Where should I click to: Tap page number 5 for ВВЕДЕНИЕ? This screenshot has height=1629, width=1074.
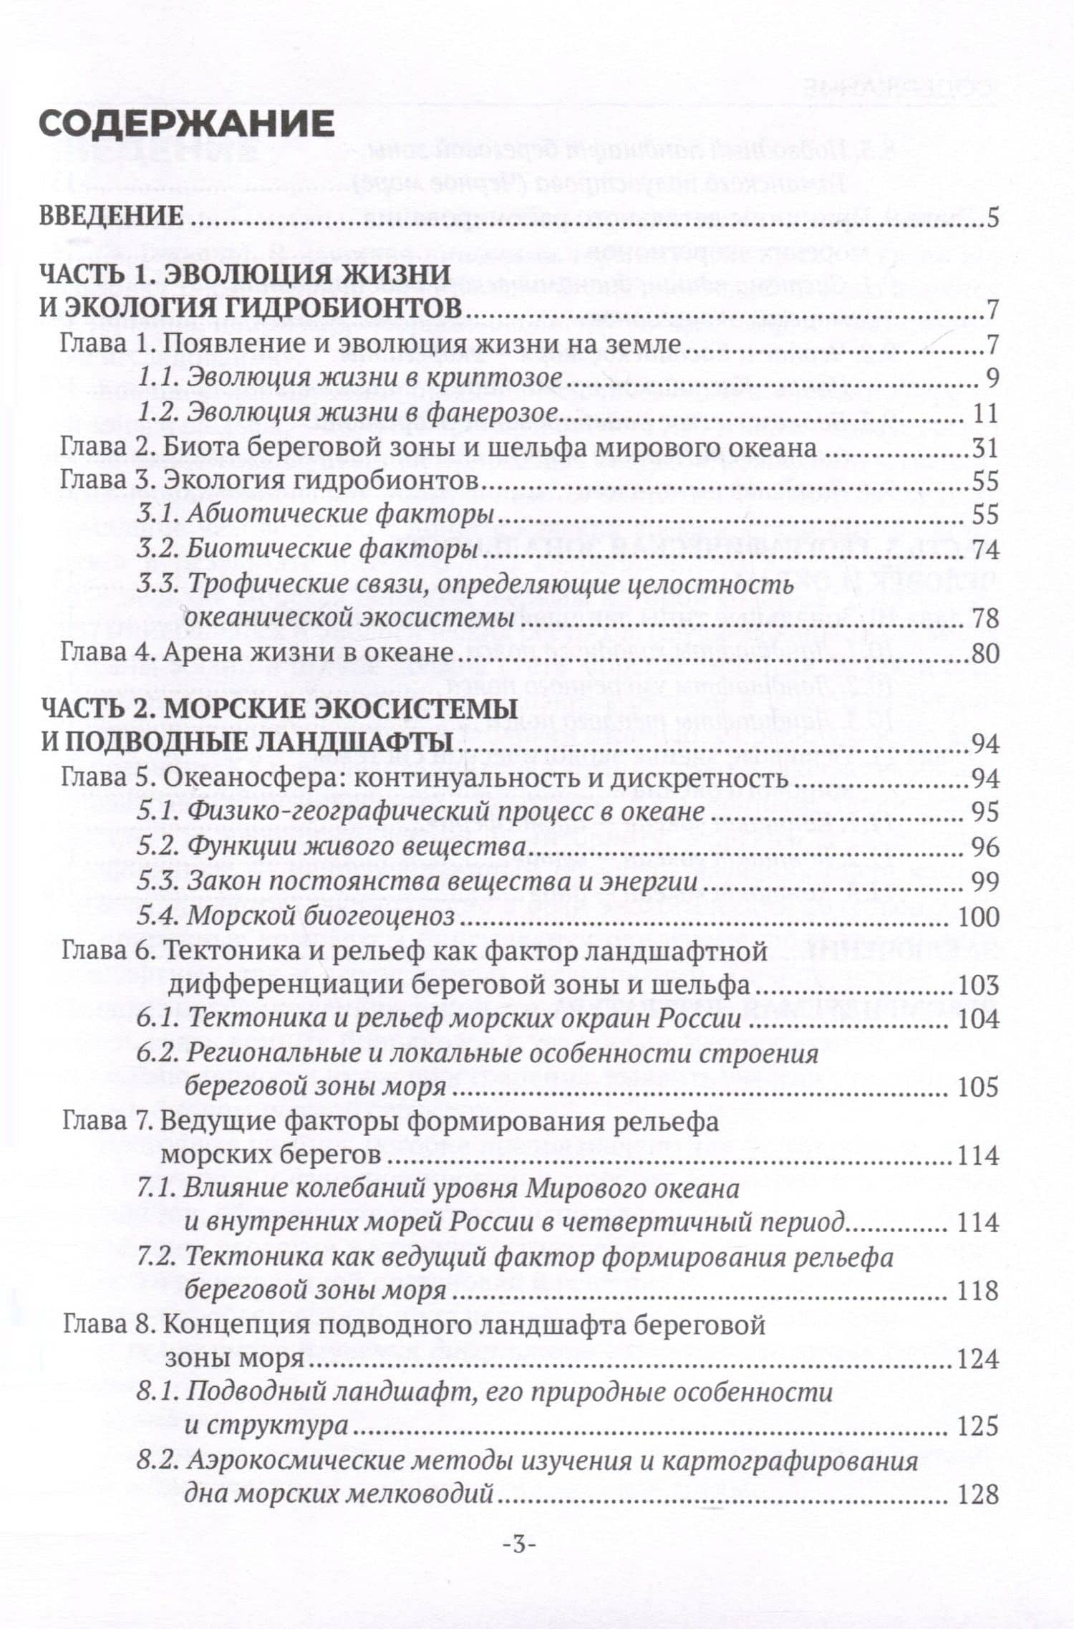pos(992,217)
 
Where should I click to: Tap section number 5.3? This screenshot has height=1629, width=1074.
pos(157,882)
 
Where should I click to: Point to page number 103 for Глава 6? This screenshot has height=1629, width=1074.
pos(977,986)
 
